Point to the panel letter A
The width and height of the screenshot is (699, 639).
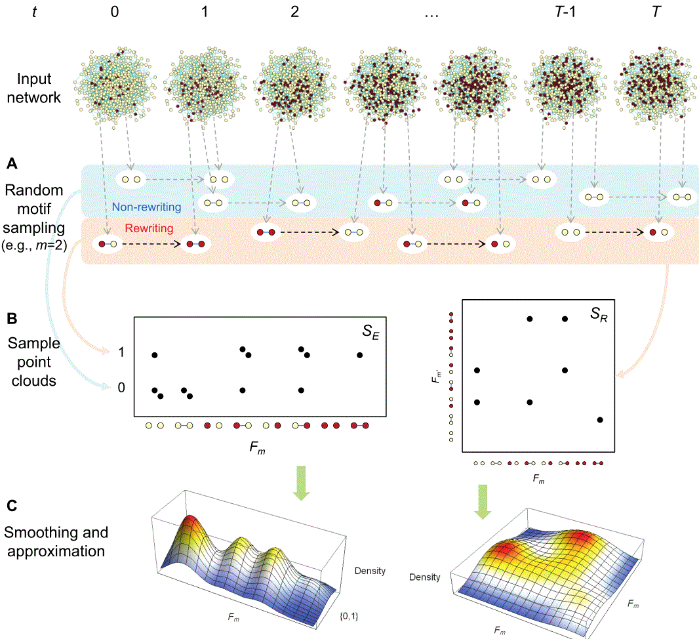click(11, 161)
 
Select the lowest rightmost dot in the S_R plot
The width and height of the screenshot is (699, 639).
click(600, 419)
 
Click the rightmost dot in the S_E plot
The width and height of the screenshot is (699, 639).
click(360, 355)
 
